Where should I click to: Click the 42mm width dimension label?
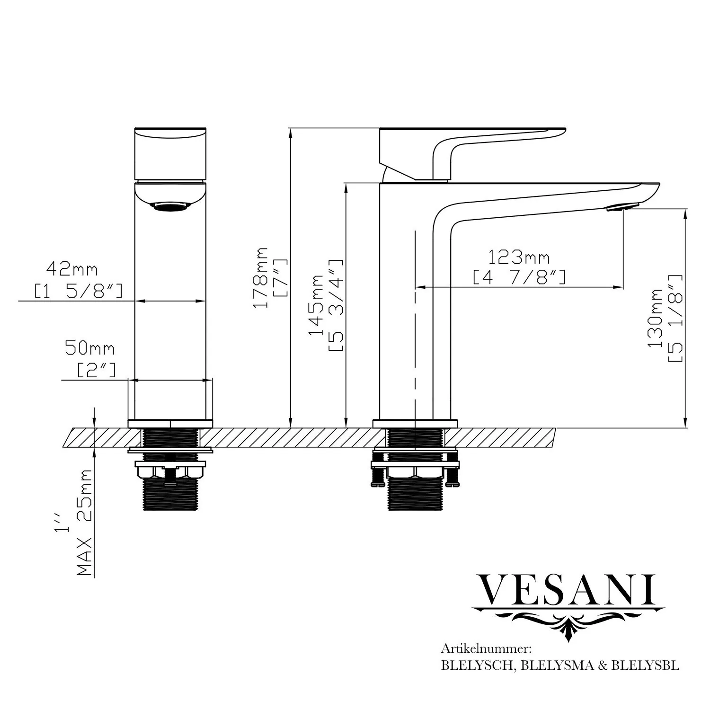click(x=72, y=270)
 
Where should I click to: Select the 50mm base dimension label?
click(x=89, y=349)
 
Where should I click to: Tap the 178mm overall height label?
click(x=260, y=277)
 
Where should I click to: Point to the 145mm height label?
click(x=316, y=305)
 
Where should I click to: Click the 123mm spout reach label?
click(x=519, y=258)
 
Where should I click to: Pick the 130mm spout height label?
click(x=656, y=318)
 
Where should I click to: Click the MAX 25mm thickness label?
click(x=85, y=522)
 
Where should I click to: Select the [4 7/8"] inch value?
click(x=519, y=277)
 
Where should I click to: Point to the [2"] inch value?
click(x=96, y=369)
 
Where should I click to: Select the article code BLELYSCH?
click(x=479, y=665)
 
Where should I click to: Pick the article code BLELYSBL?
click(x=645, y=665)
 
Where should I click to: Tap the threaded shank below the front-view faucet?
click(x=170, y=492)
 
